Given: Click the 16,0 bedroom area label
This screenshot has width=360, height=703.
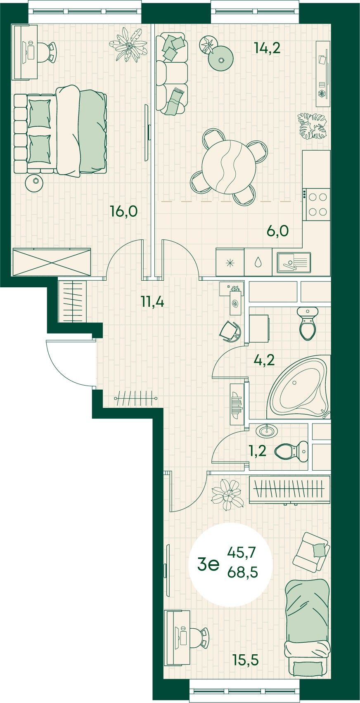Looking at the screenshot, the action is (124, 211).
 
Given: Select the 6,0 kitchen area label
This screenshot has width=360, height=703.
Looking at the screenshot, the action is (277, 231).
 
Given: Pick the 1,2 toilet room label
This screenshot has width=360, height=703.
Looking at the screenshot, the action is (258, 451).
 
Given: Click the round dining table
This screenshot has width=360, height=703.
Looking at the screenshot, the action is (229, 166).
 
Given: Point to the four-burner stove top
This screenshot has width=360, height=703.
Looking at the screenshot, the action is (318, 205).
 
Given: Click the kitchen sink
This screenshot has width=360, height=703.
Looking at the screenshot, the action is (294, 262).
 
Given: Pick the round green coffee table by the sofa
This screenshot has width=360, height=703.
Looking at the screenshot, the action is (221, 58).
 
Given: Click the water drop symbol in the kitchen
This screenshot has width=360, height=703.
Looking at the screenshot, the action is (258, 262).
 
